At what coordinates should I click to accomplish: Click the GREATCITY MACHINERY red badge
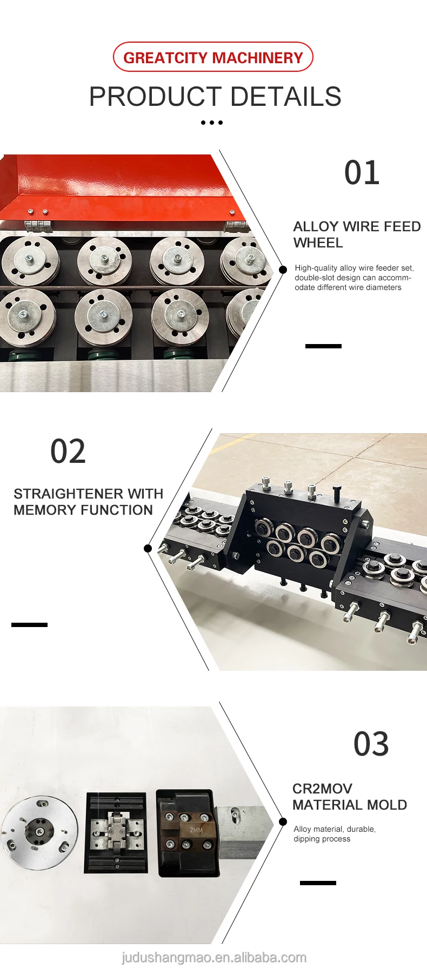point(213,57)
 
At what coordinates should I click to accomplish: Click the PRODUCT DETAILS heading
point(215,97)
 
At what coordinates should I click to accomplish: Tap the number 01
point(362,173)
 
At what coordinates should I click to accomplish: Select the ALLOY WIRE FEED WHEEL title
point(357,234)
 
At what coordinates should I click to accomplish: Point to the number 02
point(68,452)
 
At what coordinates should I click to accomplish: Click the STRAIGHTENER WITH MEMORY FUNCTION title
point(88,502)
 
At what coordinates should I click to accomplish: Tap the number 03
point(371,744)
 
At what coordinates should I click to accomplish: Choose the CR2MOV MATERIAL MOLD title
point(350,797)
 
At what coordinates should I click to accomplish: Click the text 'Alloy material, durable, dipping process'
point(335,834)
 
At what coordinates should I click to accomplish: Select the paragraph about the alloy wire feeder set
point(354,278)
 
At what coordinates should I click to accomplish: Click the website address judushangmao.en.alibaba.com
point(214,958)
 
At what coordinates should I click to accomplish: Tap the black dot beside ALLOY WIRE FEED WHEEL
point(283,270)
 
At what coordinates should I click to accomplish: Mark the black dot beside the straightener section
point(148,548)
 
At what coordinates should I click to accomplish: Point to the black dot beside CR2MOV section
point(283,821)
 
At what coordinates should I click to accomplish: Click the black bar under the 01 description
point(323,346)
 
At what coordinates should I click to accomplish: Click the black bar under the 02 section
point(29,625)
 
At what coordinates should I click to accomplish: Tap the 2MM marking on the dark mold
point(196,830)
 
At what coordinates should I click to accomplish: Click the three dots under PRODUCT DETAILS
point(212,123)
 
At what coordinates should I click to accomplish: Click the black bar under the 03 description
point(318,883)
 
